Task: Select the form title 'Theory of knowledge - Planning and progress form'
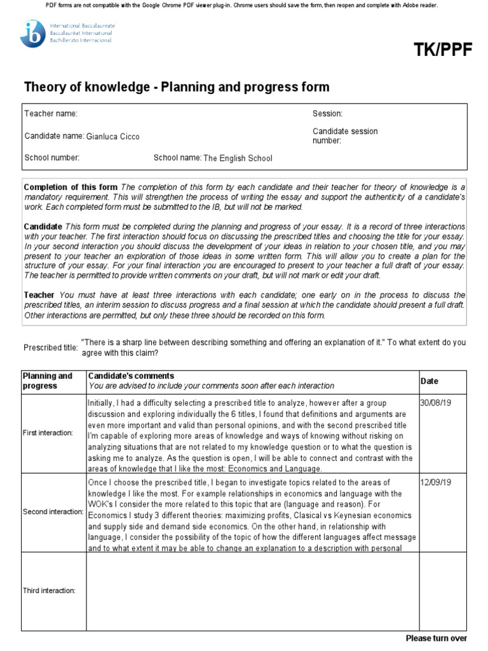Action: click(177, 87)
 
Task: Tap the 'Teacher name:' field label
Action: click(51, 113)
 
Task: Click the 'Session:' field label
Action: click(327, 113)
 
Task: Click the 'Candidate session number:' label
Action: click(344, 136)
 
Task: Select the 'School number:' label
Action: click(51, 158)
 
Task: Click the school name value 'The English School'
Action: click(237, 158)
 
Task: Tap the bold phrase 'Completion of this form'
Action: click(71, 187)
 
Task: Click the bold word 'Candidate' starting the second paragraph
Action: click(43, 227)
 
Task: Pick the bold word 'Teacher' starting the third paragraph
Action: click(39, 295)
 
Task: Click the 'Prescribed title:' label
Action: click(51, 348)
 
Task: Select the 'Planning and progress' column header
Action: click(48, 380)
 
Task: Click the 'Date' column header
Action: click(430, 381)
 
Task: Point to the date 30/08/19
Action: click(436, 403)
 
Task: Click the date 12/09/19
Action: click(436, 483)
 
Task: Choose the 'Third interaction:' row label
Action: click(50, 591)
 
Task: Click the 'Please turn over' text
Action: click(436, 638)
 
